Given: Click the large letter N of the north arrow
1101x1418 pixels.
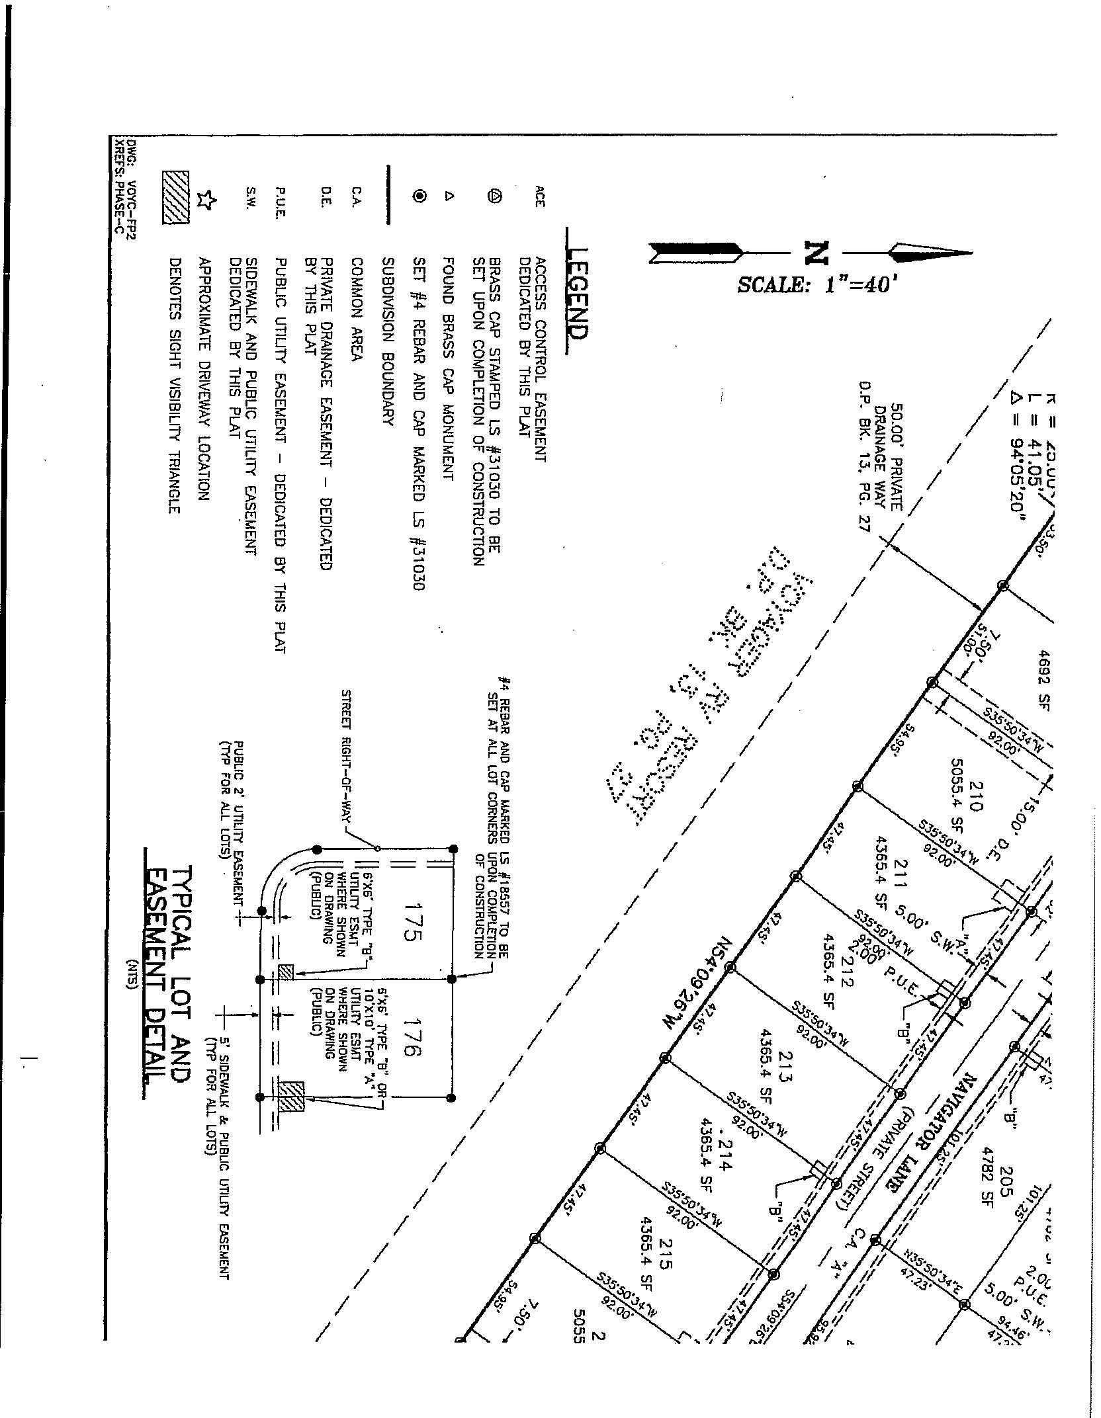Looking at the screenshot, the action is coord(816,252).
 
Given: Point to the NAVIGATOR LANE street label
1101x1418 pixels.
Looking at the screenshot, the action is coord(934,1133).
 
